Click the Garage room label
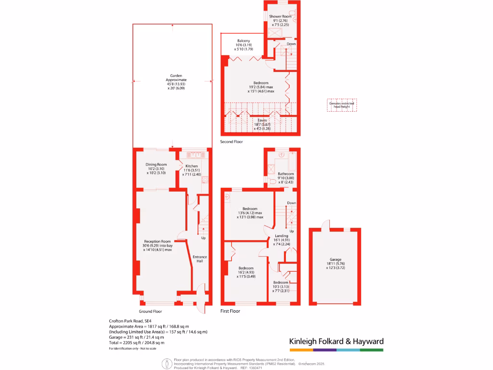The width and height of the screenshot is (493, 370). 335,260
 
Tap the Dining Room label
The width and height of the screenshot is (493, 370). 156,164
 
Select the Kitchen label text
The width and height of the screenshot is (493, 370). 192,166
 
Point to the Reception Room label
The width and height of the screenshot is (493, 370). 157,241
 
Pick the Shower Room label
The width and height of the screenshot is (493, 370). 280,16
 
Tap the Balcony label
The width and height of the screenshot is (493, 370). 243,40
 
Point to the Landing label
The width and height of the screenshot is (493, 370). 282,236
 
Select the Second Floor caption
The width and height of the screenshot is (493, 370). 232,142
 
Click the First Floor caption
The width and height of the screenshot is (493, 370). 230,311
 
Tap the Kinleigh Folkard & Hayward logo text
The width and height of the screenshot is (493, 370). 336,342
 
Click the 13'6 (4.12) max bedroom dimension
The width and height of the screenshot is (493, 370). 249,212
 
